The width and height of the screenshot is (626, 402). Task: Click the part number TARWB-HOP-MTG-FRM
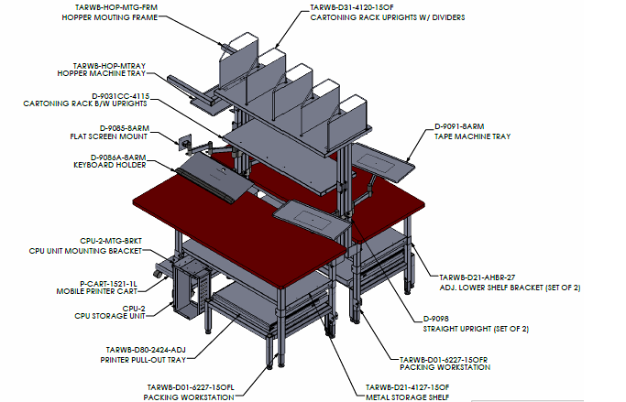(x=116, y=7)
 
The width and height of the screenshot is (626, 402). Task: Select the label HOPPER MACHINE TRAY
(x=102, y=73)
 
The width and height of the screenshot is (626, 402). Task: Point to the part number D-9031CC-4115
(x=121, y=96)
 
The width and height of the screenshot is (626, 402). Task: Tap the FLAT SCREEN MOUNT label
(x=108, y=136)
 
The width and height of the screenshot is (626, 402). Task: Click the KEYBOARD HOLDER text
(x=110, y=165)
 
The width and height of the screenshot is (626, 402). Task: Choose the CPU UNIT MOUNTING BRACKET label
(x=85, y=251)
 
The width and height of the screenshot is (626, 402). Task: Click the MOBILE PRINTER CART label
(x=96, y=291)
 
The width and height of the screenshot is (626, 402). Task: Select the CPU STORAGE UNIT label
(x=110, y=316)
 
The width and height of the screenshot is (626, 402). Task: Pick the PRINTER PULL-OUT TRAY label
(x=143, y=360)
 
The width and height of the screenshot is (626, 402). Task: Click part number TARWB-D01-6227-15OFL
(x=191, y=387)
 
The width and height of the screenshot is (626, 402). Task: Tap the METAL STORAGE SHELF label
(x=407, y=397)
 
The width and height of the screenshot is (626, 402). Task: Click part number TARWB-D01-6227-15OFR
(x=444, y=360)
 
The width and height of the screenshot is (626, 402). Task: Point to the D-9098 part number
(x=436, y=319)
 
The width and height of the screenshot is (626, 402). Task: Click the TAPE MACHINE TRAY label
(x=473, y=136)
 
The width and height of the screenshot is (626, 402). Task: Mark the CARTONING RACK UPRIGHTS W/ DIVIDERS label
(x=388, y=17)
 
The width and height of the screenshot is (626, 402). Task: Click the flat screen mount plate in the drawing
(x=185, y=143)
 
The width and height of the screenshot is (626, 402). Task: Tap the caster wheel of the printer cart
(x=159, y=275)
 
